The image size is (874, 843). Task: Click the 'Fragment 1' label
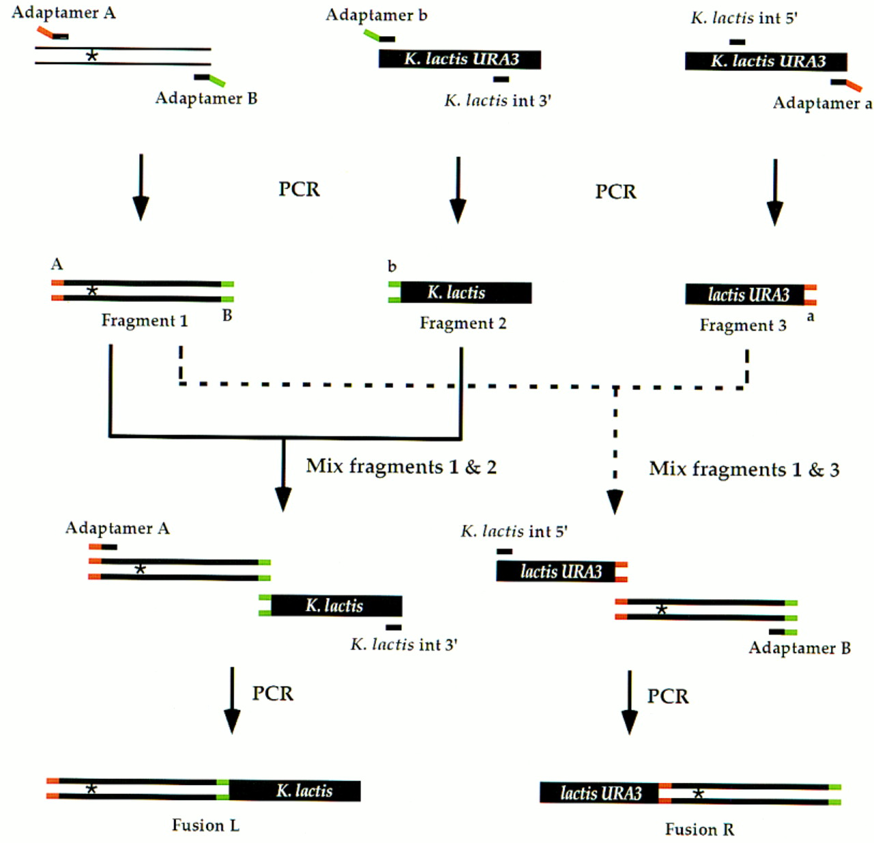(144, 321)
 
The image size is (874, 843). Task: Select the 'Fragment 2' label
(462, 324)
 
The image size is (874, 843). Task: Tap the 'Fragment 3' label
(743, 326)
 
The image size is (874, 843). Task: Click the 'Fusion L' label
(206, 825)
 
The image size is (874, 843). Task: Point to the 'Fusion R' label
(699, 829)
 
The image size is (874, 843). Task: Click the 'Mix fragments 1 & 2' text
(401, 467)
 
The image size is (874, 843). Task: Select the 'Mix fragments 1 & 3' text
(744, 469)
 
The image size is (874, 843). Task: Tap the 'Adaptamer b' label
(376, 15)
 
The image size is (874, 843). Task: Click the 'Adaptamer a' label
(822, 103)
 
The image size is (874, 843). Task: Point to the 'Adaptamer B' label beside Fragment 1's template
(206, 98)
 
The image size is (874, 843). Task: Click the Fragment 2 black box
(466, 293)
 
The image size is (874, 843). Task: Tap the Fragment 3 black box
(745, 294)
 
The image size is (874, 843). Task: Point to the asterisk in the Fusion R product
(698, 794)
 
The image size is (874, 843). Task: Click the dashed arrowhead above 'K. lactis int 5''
(615, 502)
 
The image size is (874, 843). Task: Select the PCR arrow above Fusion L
(231, 700)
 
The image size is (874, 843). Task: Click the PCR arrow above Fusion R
(630, 703)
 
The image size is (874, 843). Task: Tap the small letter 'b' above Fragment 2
(392, 266)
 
